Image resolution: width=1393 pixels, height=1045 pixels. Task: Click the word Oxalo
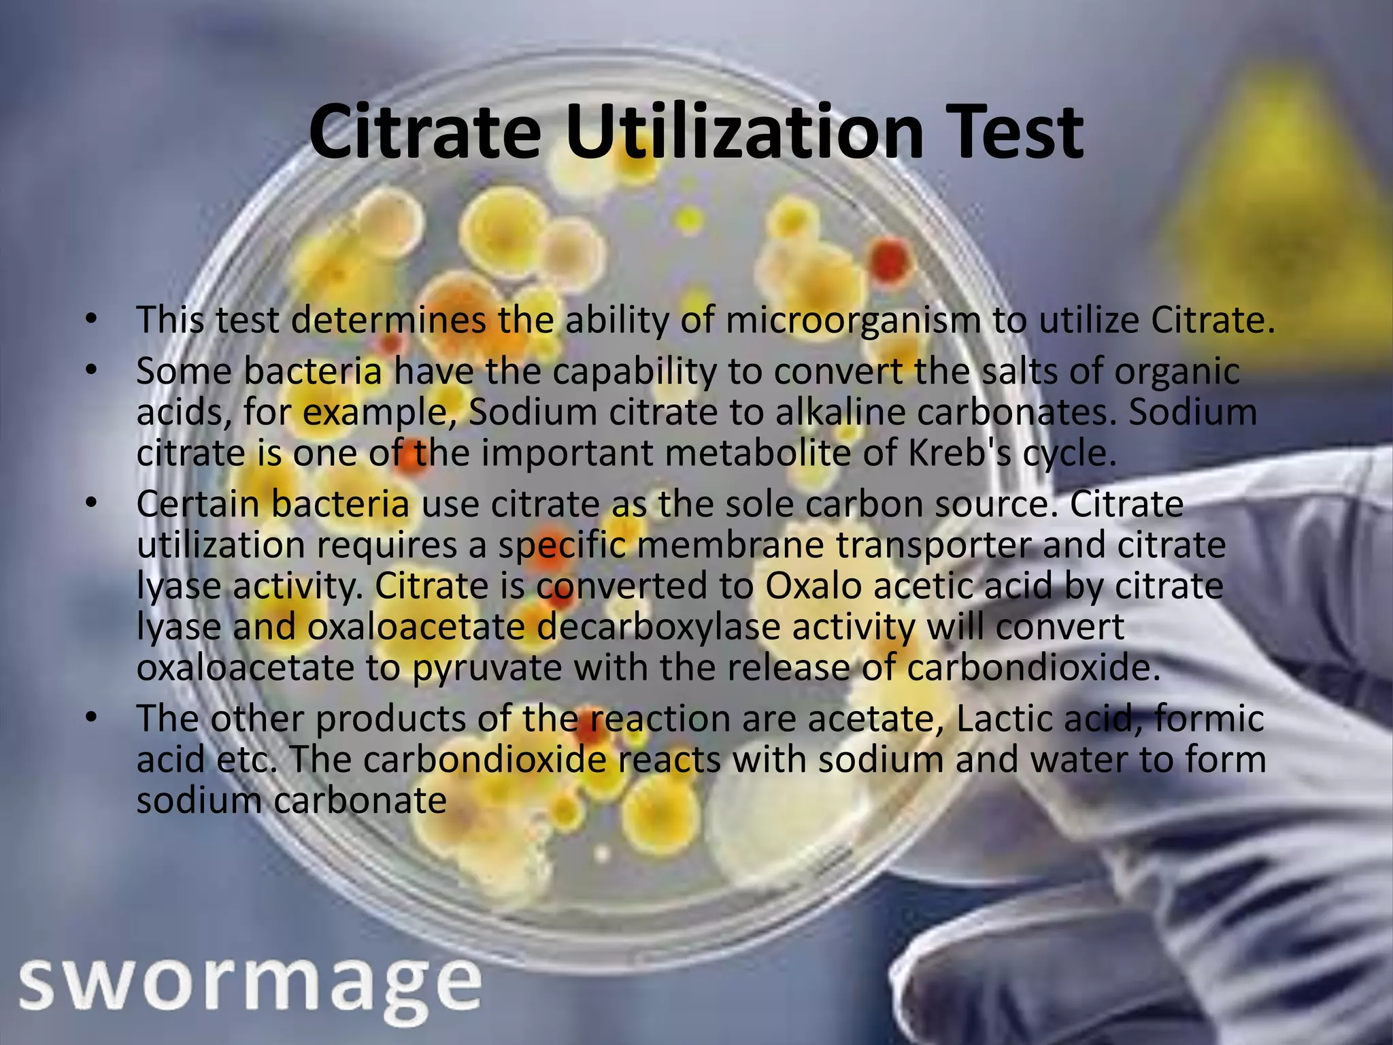[813, 586]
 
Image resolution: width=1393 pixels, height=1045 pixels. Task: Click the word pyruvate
[487, 668]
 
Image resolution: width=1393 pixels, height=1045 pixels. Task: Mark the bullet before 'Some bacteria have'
[93, 370]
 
